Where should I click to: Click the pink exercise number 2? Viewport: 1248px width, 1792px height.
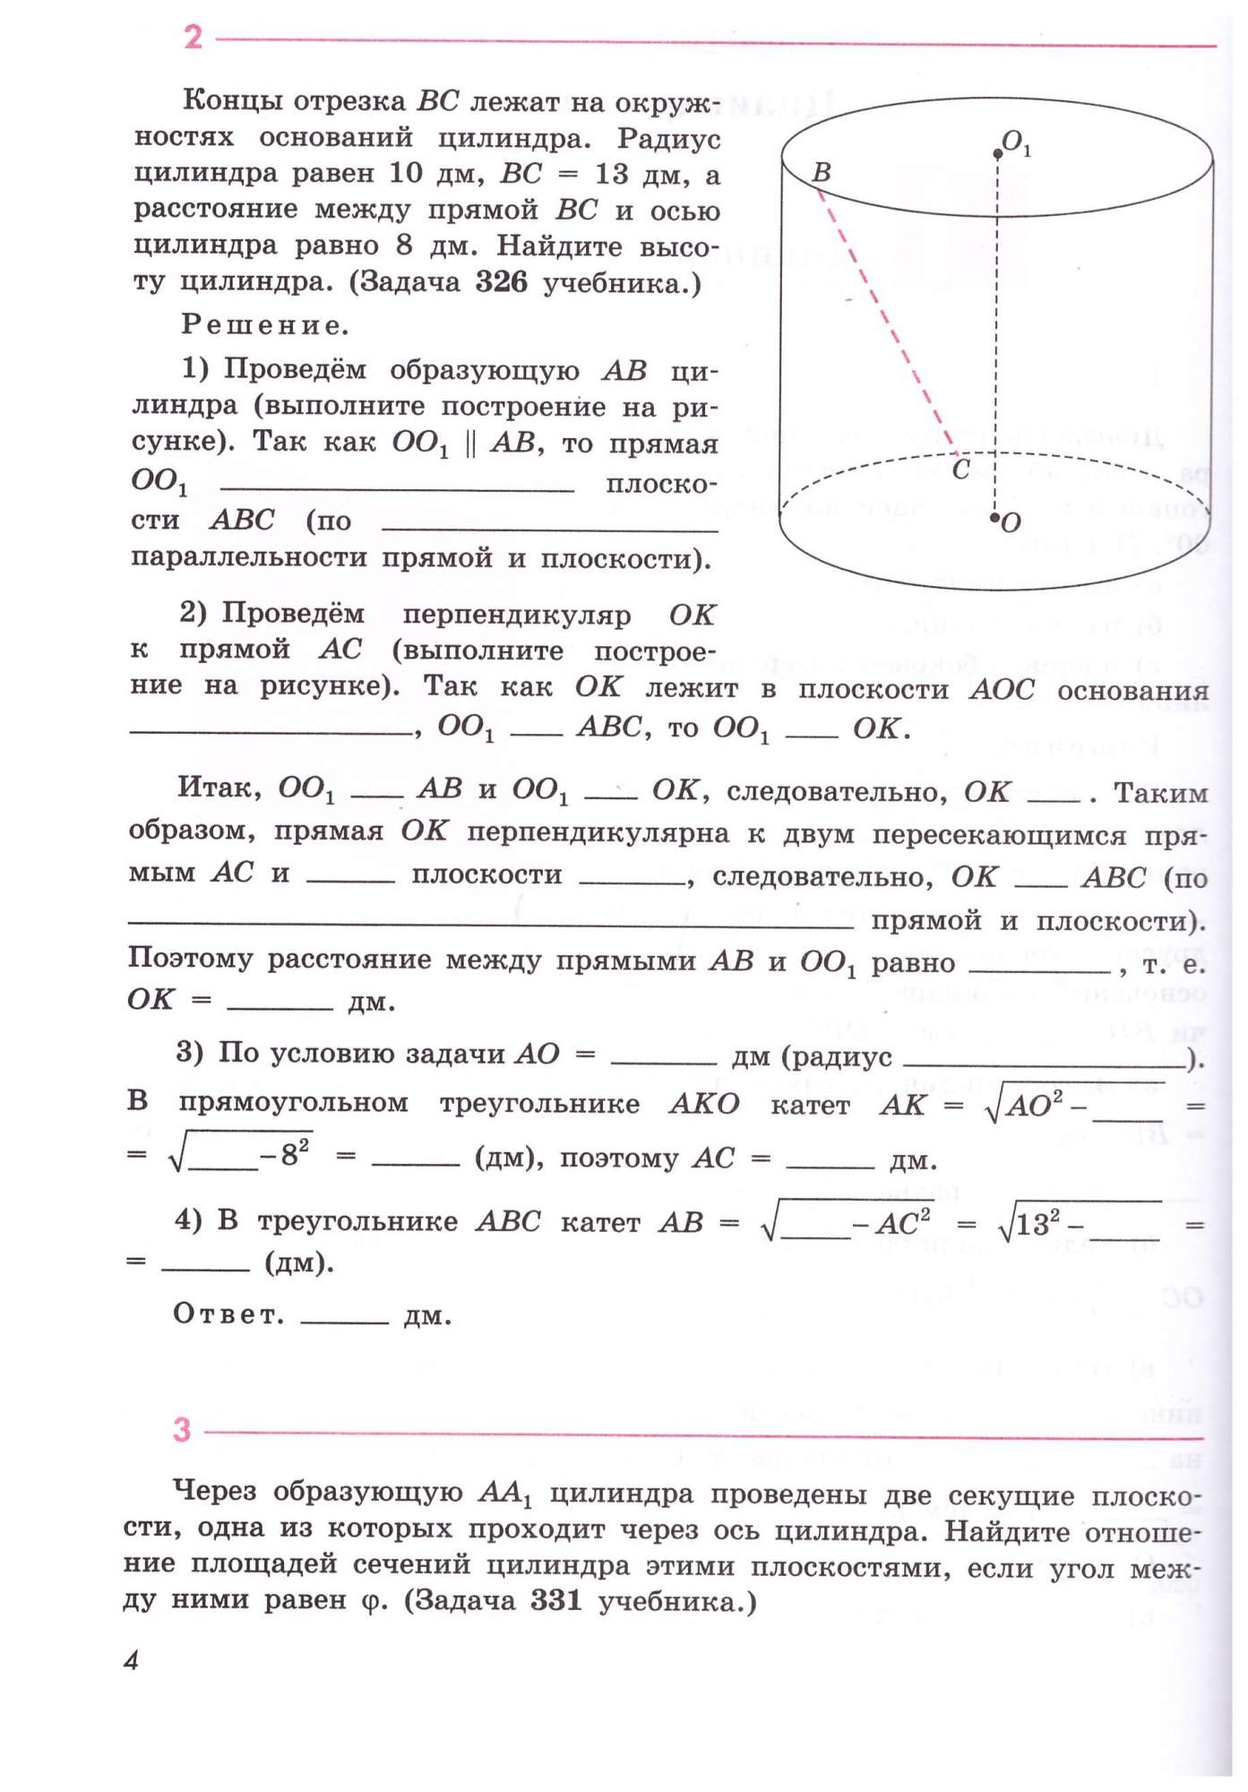(194, 37)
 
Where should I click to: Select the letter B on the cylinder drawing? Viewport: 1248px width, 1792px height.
(821, 172)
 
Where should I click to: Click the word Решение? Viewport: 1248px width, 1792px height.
(265, 324)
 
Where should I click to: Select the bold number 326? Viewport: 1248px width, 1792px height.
(502, 282)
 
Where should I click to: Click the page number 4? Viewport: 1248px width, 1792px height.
(132, 1660)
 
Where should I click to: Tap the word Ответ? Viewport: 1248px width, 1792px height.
(228, 1314)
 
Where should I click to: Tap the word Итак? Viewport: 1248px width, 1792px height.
(220, 788)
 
